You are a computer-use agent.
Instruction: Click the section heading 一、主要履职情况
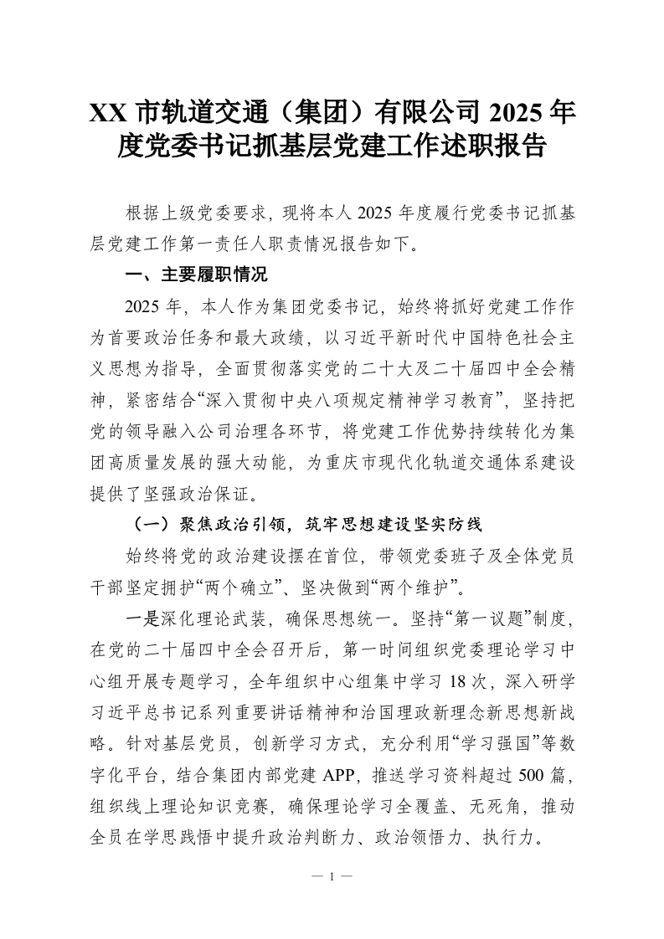(x=195, y=274)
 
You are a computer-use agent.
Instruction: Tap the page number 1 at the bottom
(x=332, y=877)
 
